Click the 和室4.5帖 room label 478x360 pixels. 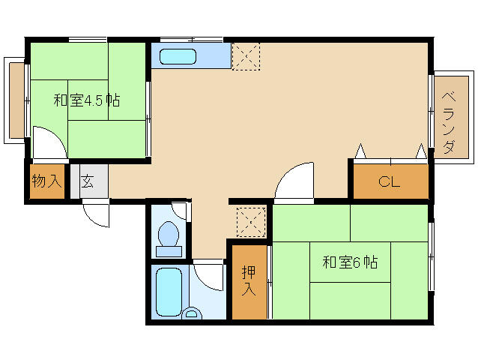pyautogui.click(x=87, y=100)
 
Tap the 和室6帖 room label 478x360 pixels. pyautogui.click(x=350, y=262)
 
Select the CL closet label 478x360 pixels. pyautogui.click(x=389, y=181)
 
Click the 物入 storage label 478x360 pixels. pyautogui.click(x=46, y=181)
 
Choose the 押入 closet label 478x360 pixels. pyautogui.click(x=249, y=281)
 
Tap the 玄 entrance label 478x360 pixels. pyautogui.click(x=88, y=181)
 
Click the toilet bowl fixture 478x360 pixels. pyautogui.click(x=169, y=238)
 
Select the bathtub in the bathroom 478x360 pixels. pyautogui.click(x=169, y=292)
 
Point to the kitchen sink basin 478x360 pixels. pyautogui.click(x=178, y=56)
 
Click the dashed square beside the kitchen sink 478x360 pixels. pyautogui.click(x=246, y=57)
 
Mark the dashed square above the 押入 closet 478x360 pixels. pyautogui.click(x=251, y=222)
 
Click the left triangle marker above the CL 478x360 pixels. pyautogui.click(x=360, y=151)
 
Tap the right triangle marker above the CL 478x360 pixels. pyautogui.click(x=422, y=151)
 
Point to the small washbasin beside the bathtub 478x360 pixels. pyautogui.click(x=192, y=313)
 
